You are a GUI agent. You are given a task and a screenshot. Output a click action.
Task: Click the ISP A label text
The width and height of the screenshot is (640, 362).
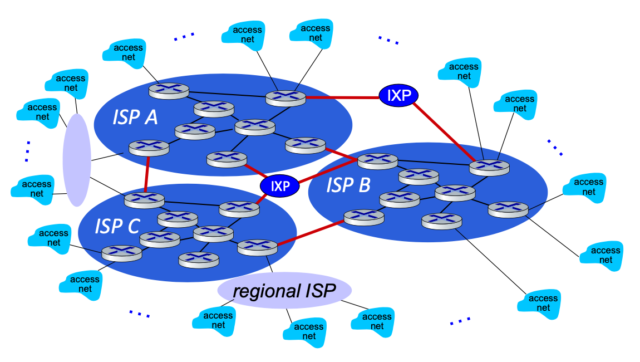(x=135, y=118)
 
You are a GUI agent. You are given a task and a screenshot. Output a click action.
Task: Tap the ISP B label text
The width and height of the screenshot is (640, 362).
(x=348, y=185)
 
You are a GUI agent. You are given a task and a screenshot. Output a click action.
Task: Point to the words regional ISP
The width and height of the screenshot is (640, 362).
(x=284, y=291)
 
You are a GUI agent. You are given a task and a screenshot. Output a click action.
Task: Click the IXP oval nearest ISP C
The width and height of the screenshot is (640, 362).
(x=280, y=186)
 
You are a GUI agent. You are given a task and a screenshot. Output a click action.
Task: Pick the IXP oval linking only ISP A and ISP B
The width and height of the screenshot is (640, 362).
(x=398, y=96)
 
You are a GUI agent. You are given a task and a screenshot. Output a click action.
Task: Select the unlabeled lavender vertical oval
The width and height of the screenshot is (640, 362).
(x=77, y=160)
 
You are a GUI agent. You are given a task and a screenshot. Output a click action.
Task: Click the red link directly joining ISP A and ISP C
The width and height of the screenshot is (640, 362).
(x=147, y=174)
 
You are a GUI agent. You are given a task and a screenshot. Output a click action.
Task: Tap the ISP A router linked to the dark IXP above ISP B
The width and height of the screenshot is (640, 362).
(x=285, y=97)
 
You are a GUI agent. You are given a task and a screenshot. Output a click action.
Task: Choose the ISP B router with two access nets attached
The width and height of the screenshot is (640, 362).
(x=489, y=166)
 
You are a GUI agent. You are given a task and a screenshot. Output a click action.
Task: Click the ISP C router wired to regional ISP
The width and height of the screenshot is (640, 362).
(x=257, y=246)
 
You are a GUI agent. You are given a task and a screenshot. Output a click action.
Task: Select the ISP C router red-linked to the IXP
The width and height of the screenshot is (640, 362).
(x=239, y=208)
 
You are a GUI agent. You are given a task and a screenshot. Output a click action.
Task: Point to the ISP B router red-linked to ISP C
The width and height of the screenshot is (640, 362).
(x=364, y=216)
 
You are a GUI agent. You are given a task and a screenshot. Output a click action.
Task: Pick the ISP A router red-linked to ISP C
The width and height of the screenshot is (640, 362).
(x=148, y=147)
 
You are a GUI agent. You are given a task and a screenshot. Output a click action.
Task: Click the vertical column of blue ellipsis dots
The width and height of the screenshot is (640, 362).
(x=27, y=150)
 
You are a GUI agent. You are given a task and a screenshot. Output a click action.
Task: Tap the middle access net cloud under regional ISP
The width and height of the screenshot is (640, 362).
(x=304, y=331)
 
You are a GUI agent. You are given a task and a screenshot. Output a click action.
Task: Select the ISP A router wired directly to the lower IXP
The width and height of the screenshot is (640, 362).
(x=226, y=159)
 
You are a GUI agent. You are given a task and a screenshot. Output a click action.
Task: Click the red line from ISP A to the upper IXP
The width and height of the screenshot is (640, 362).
(x=342, y=97)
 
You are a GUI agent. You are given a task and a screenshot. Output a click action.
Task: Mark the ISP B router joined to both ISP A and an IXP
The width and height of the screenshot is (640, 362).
(x=378, y=161)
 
